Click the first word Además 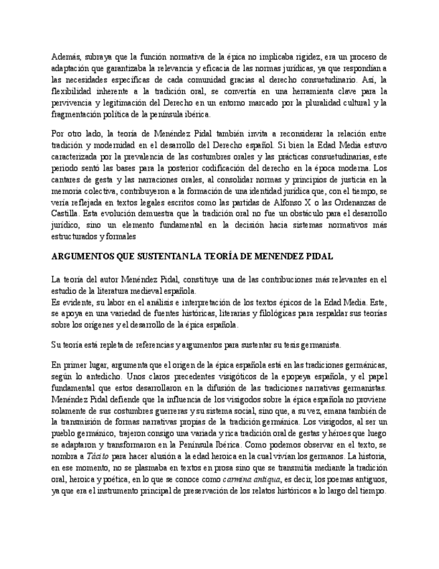(66, 57)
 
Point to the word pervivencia (72, 103)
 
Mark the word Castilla (65, 213)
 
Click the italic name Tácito (95, 456)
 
